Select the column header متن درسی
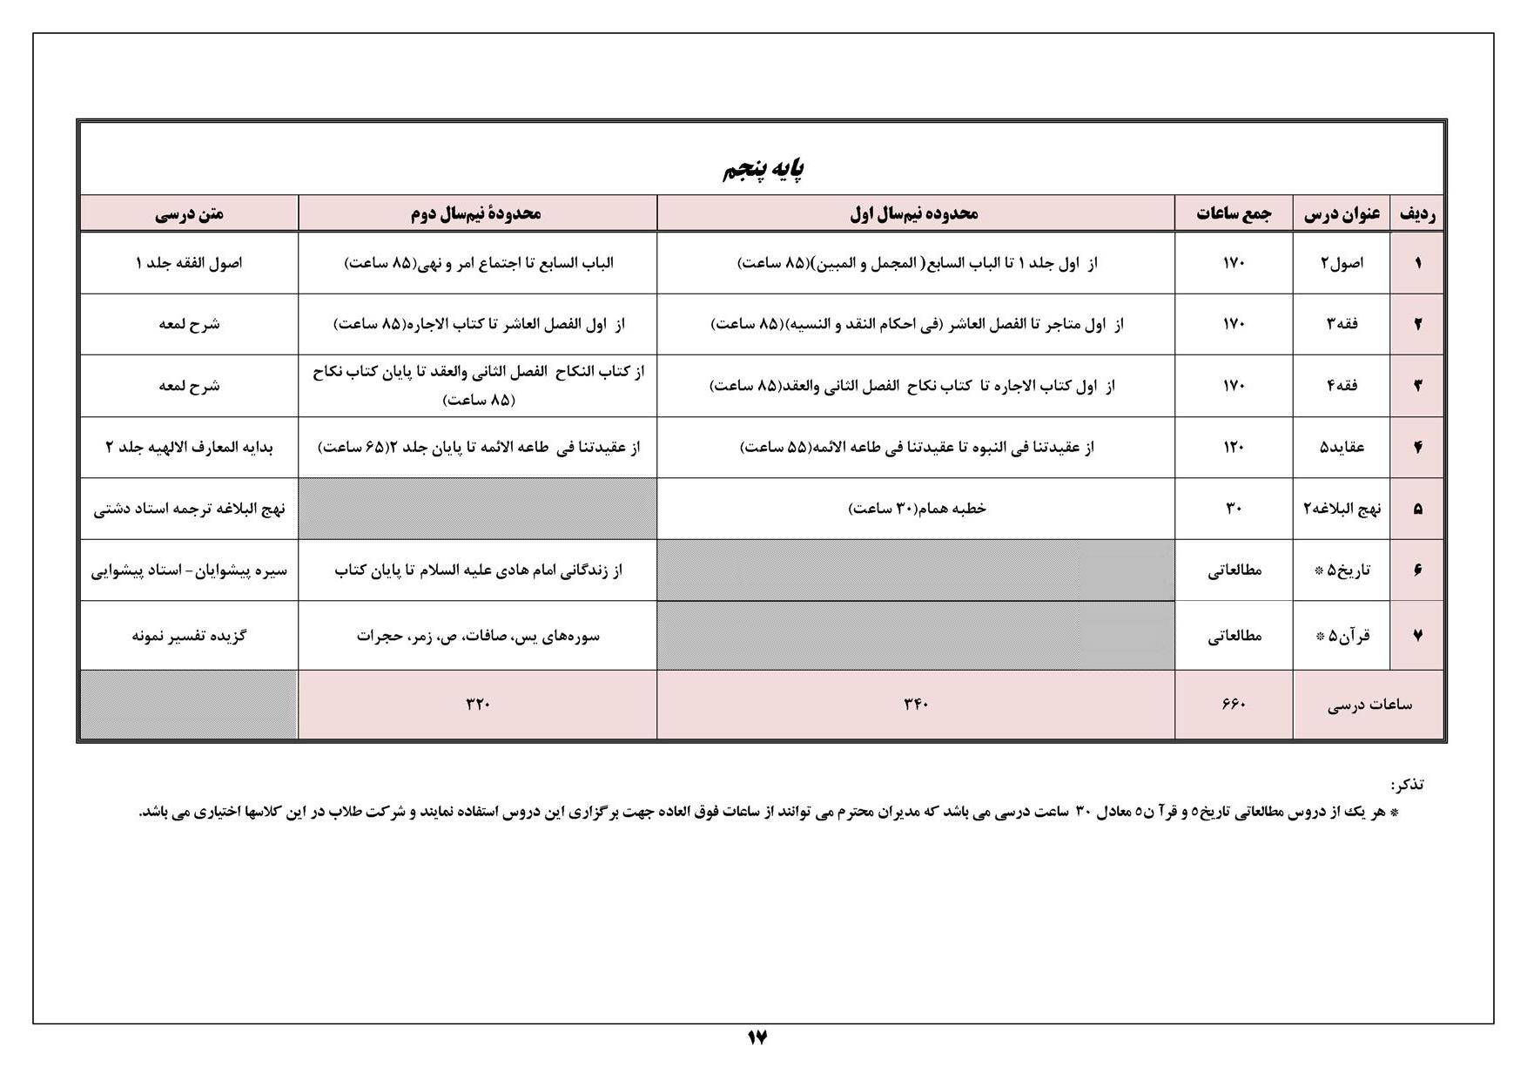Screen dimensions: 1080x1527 click(189, 213)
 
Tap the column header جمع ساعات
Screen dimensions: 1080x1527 click(1233, 213)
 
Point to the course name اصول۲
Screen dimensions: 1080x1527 click(1342, 263)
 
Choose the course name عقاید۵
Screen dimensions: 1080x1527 click(1342, 448)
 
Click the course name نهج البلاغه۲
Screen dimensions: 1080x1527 click(1342, 509)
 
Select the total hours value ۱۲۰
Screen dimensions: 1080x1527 click(1234, 448)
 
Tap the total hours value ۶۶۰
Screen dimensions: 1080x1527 click(1234, 705)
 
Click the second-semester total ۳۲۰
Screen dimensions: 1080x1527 click(478, 705)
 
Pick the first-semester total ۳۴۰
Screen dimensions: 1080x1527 click(916, 705)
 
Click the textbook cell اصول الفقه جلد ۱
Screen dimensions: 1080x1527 click(189, 263)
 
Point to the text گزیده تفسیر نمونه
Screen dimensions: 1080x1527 click(189, 636)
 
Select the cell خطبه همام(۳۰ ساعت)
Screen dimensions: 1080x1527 click(916, 509)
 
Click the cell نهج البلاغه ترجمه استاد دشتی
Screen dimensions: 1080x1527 click(189, 509)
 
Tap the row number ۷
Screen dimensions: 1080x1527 click(1417, 636)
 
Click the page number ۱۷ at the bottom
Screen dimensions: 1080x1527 click(757, 1036)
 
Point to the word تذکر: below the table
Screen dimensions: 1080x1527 click(1407, 785)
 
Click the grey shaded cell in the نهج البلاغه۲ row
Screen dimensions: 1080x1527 click(478, 509)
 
